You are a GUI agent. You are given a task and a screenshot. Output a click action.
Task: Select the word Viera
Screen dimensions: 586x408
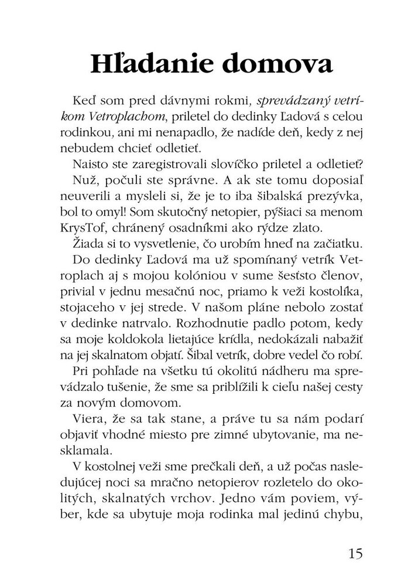88,418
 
